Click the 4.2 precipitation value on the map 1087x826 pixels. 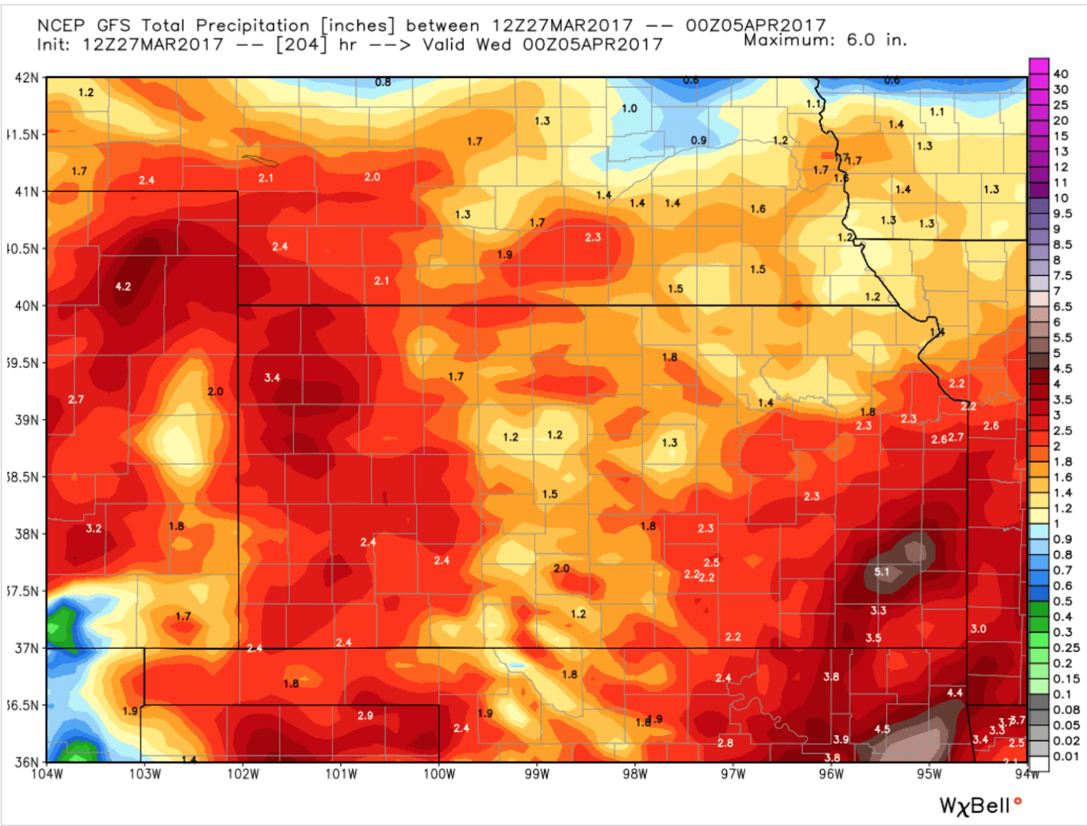[123, 286]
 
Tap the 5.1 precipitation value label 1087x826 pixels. [881, 571]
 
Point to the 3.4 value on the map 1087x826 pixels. [272, 377]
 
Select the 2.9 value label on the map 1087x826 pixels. [365, 715]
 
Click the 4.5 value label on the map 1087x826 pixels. [882, 729]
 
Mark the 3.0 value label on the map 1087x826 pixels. [978, 628]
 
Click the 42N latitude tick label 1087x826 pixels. [26, 77]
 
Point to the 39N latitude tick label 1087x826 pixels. [26, 420]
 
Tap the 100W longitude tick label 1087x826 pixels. [438, 774]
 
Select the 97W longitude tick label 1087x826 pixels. [732, 774]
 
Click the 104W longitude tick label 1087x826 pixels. [47, 774]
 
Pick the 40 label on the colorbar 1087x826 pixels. [1061, 74]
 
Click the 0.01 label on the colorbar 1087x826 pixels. [1065, 756]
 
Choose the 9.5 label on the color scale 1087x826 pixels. [1063, 214]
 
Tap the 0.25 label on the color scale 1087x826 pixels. [1065, 647]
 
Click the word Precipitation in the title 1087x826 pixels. [252, 26]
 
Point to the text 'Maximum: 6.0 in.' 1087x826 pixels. [825, 40]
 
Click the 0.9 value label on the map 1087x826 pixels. [698, 140]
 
